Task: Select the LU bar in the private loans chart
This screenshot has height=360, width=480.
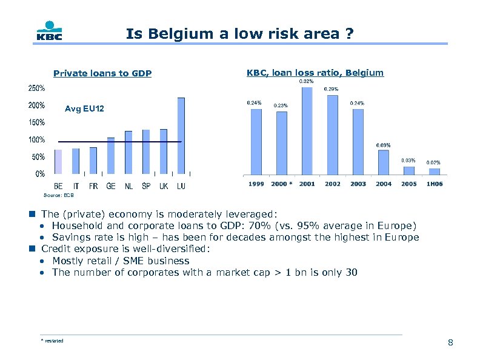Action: pyautogui.click(x=181, y=135)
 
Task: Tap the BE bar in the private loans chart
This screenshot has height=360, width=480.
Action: pyautogui.click(x=58, y=161)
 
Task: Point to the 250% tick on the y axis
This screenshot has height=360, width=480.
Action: pyautogui.click(x=36, y=87)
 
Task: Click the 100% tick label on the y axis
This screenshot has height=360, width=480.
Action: pyautogui.click(x=36, y=139)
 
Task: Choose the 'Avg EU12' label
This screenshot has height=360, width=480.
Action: pyautogui.click(x=84, y=109)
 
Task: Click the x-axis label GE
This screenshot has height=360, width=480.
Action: pyautogui.click(x=111, y=187)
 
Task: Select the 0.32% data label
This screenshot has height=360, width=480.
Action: pyautogui.click(x=307, y=81)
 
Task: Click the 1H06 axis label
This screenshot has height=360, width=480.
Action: pyautogui.click(x=434, y=184)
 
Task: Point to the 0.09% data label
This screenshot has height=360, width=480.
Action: pyautogui.click(x=383, y=145)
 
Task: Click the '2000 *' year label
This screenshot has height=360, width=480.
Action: pyautogui.click(x=281, y=184)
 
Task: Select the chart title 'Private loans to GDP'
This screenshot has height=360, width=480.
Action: pyautogui.click(x=102, y=74)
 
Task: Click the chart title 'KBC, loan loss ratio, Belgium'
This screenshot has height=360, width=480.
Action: pyautogui.click(x=315, y=73)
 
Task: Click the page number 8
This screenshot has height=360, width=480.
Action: pyautogui.click(x=450, y=344)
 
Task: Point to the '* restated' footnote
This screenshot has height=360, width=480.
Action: pyautogui.click(x=52, y=341)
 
